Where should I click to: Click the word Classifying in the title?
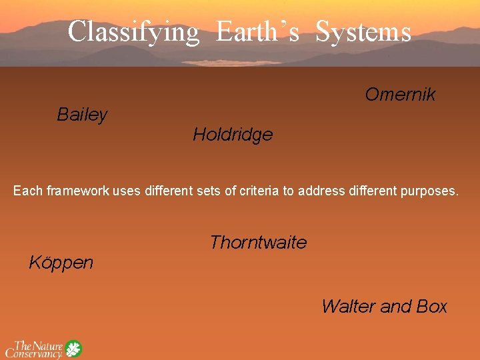click(x=133, y=31)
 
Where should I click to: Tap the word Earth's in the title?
click(x=257, y=31)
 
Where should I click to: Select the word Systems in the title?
click(x=363, y=31)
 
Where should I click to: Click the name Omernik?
click(x=400, y=95)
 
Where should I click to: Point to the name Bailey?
click(x=82, y=115)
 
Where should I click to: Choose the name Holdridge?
click(x=233, y=135)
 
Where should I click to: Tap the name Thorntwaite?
click(x=258, y=243)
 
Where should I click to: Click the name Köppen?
click(x=61, y=263)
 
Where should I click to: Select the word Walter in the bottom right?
click(x=347, y=307)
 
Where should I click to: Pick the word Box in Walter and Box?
click(x=431, y=307)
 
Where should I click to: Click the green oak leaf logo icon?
click(x=73, y=349)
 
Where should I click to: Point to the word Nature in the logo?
click(x=48, y=345)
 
